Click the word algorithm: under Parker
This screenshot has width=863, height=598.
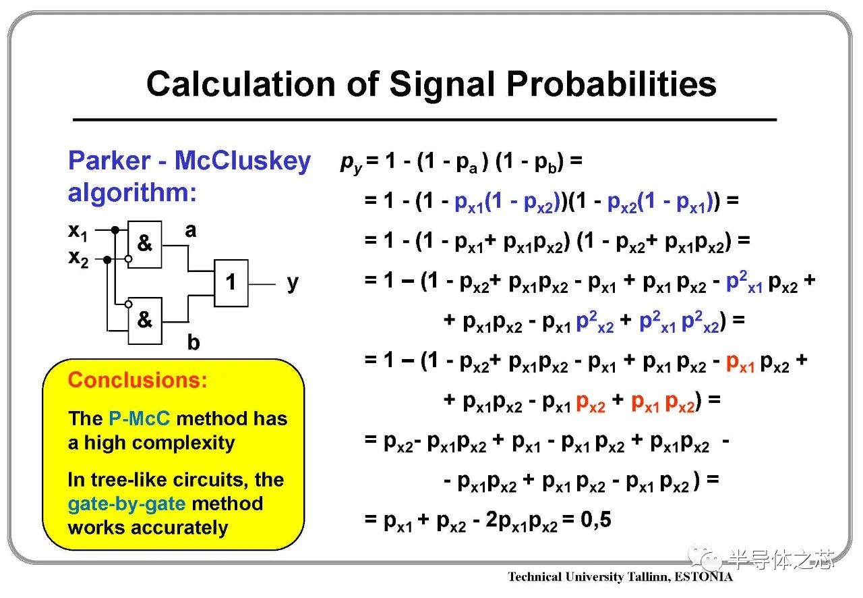click(x=132, y=194)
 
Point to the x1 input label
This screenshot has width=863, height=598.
click(x=78, y=232)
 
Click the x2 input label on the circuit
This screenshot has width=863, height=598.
click(x=79, y=259)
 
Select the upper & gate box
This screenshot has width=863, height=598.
click(x=145, y=244)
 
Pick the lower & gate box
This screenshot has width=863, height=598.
click(x=145, y=321)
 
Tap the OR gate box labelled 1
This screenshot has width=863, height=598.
click(x=231, y=283)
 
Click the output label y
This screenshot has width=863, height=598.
click(x=293, y=283)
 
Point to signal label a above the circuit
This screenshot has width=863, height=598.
click(x=191, y=231)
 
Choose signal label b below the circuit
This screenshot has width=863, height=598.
click(x=194, y=342)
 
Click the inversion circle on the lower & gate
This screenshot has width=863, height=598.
click(x=129, y=304)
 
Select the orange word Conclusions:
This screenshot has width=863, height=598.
click(x=138, y=379)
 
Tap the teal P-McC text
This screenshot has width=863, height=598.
click(x=139, y=418)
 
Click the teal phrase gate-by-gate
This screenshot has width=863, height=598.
click(x=127, y=505)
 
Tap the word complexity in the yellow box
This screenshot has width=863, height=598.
click(x=183, y=443)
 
